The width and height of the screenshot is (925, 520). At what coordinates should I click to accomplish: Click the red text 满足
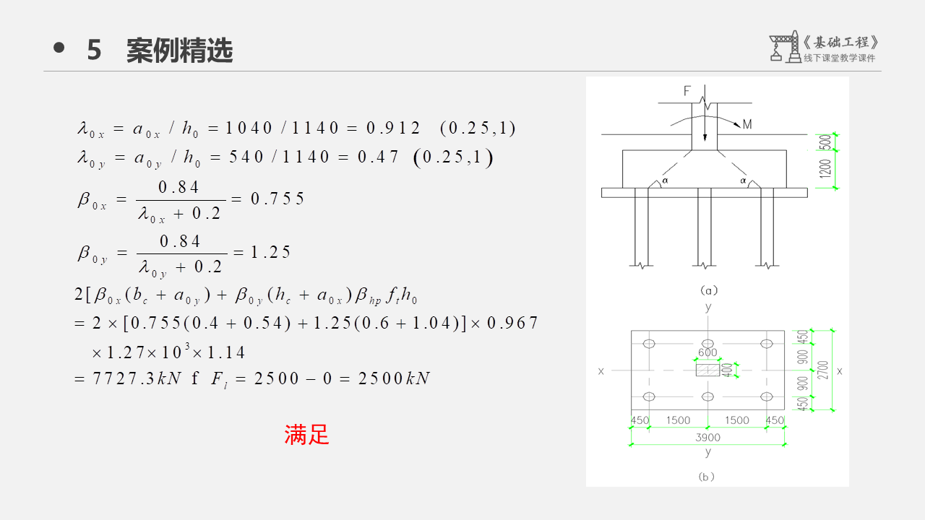click(306, 435)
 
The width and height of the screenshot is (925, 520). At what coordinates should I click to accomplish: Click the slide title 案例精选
click(179, 51)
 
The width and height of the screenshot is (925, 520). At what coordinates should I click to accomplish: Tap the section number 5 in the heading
click(94, 51)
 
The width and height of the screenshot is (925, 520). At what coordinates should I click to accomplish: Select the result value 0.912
click(393, 129)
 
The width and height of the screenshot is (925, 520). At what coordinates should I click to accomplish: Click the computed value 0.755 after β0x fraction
click(277, 199)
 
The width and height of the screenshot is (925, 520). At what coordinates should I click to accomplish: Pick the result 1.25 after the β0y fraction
click(270, 252)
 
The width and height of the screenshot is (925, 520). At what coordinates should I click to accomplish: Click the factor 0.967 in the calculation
click(512, 323)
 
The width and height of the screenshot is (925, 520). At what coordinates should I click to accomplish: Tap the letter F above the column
click(687, 91)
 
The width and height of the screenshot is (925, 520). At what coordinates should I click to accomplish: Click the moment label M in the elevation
click(747, 125)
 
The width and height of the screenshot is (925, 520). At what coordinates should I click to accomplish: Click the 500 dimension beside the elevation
click(825, 142)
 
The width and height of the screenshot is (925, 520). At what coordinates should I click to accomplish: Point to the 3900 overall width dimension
click(707, 438)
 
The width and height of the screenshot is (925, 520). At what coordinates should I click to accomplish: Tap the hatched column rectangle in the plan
click(707, 370)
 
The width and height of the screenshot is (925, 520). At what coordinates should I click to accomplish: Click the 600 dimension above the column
click(707, 353)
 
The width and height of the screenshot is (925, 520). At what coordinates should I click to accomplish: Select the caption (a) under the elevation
click(708, 290)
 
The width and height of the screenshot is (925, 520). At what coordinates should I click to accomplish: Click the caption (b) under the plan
click(707, 477)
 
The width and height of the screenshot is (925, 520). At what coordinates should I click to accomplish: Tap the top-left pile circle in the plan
click(649, 344)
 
